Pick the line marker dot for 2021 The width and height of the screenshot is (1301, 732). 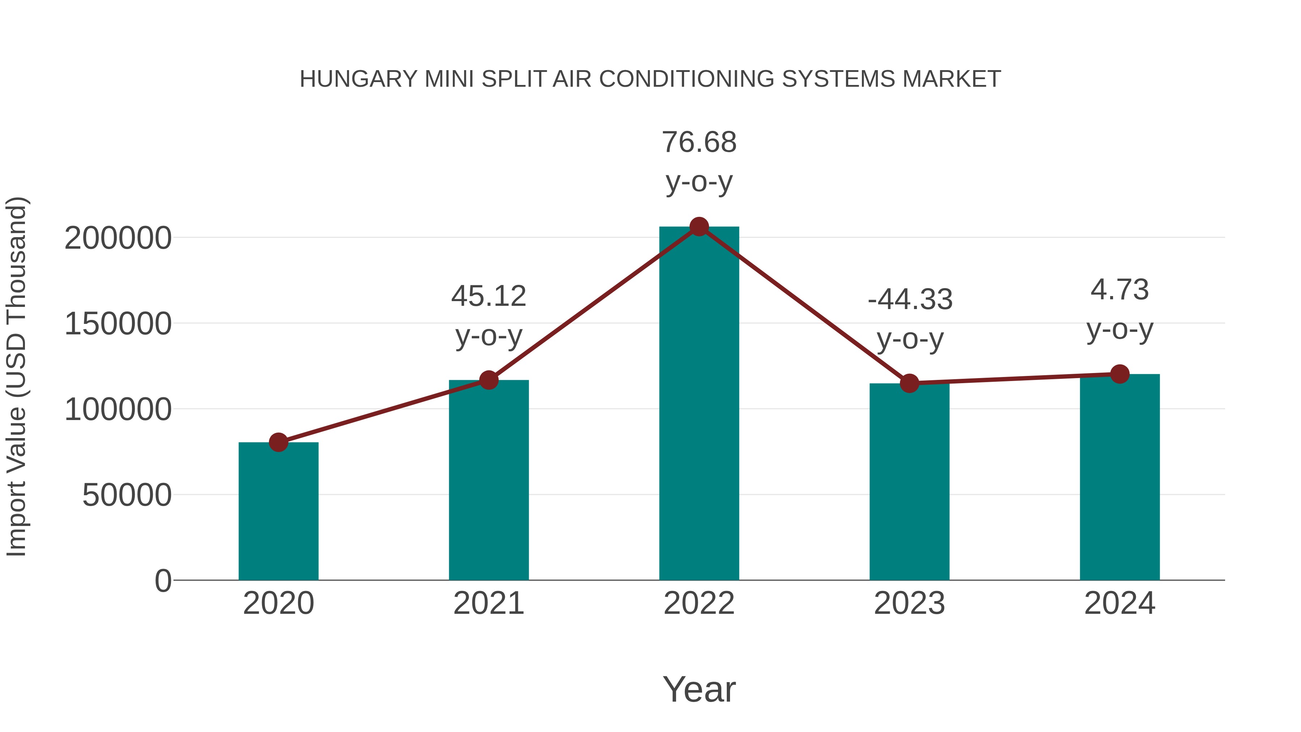pos(489,380)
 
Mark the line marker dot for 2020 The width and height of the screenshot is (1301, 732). pos(278,442)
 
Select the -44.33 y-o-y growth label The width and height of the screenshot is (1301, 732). pos(910,319)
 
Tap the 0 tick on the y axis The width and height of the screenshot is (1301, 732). pos(163,581)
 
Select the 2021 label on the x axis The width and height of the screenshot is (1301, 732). pos(489,603)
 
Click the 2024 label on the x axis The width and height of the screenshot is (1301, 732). pos(1120,603)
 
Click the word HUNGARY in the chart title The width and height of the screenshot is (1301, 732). pos(358,79)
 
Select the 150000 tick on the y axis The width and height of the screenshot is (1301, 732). pos(118,324)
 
